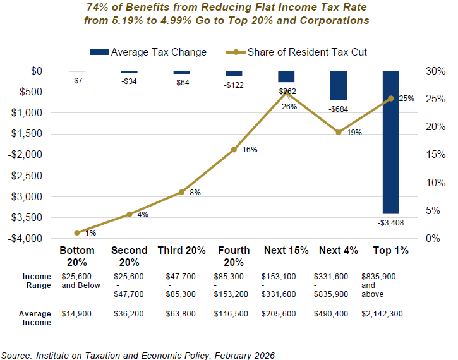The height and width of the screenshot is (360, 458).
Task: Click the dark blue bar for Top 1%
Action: [390, 142]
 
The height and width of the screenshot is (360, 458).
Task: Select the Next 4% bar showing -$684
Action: [339, 85]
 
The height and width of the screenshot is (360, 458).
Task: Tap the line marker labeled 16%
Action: [234, 150]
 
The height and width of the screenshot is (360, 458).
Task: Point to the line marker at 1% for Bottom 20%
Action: [77, 232]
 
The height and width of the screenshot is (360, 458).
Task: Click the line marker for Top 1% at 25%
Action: [390, 99]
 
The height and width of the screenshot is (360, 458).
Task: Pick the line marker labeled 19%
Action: [339, 132]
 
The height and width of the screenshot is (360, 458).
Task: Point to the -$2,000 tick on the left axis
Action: [27, 155]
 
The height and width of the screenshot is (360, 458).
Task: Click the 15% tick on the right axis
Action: [432, 155]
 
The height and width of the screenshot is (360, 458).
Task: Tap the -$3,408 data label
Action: [390, 222]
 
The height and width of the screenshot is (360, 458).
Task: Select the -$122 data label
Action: [234, 85]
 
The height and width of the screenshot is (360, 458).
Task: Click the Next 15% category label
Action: [286, 251]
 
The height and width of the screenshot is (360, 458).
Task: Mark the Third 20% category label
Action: [182, 251]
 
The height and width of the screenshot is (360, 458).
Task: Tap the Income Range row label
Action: [37, 281]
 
